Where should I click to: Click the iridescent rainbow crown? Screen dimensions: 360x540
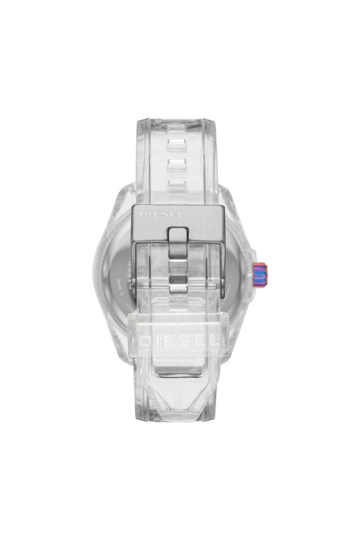pyautogui.click(x=260, y=274)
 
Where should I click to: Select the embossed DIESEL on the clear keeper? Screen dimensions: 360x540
pyautogui.click(x=179, y=340)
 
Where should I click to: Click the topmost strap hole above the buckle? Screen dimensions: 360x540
pyautogui.click(x=177, y=144)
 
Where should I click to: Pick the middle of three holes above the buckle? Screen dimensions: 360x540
pyautogui.click(x=177, y=164)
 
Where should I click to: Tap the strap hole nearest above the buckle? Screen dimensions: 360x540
pyautogui.click(x=177, y=186)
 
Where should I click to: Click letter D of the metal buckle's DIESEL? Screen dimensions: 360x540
pyautogui.click(x=142, y=214)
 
